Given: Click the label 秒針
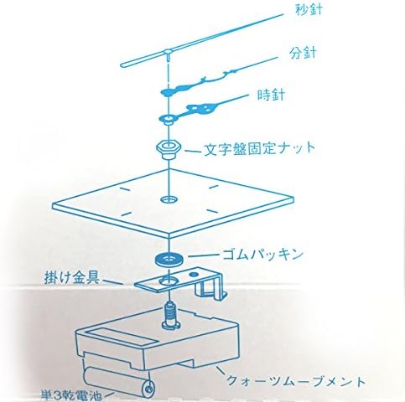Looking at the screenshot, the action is click(x=309, y=10).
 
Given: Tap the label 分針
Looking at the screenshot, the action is click(x=303, y=53).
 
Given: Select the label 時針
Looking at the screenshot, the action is click(x=271, y=95).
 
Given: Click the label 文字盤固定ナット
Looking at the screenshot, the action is click(x=260, y=148).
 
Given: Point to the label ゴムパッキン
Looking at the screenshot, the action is click(x=262, y=254).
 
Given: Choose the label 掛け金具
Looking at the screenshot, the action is click(x=72, y=278).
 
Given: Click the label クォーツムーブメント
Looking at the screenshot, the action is click(x=296, y=380).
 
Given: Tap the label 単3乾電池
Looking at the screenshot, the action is click(x=71, y=395).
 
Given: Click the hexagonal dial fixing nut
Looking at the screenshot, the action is click(x=169, y=149).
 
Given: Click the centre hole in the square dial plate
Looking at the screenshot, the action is click(x=169, y=199).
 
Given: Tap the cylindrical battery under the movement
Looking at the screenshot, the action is click(x=119, y=383).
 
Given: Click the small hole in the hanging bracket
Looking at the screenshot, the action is click(x=193, y=275).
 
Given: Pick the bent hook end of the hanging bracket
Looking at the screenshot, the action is click(x=211, y=289).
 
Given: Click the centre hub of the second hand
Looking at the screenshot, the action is click(x=168, y=52).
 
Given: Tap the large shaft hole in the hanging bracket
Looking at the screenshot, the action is click(x=169, y=281).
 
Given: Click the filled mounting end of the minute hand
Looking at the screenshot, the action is click(x=167, y=91).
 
